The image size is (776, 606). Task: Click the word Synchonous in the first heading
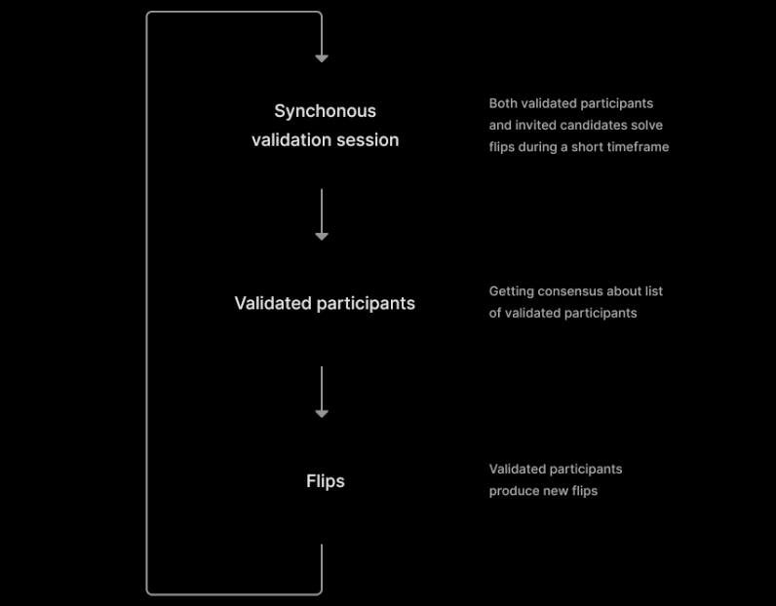pyautogui.click(x=326, y=111)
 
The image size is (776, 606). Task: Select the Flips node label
pyautogui.click(x=326, y=481)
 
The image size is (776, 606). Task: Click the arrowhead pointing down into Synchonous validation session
pyautogui.click(x=322, y=58)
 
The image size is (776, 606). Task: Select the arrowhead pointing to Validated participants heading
pyautogui.click(x=322, y=237)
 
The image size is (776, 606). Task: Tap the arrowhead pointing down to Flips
pyautogui.click(x=322, y=414)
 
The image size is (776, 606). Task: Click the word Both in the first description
pyautogui.click(x=502, y=103)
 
